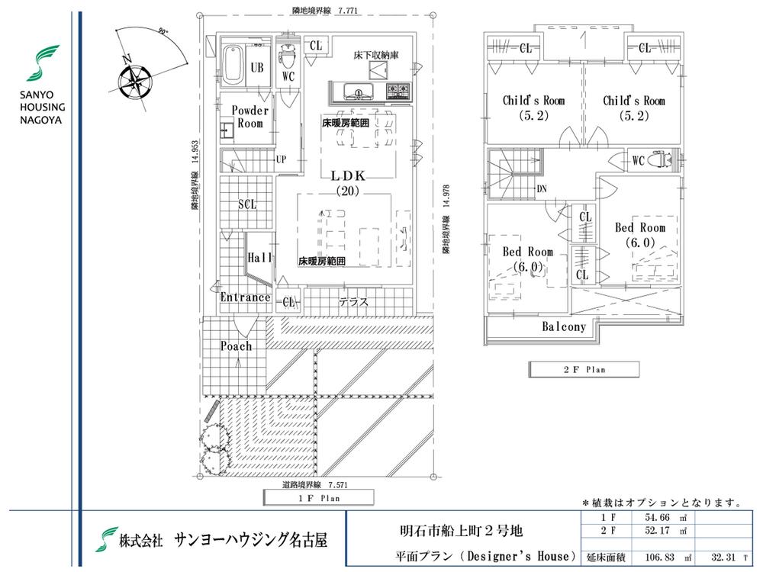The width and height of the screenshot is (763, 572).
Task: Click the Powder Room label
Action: tap(250, 117)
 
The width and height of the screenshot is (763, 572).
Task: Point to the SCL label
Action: tap(246, 204)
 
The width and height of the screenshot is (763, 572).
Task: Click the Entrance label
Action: tap(245, 297)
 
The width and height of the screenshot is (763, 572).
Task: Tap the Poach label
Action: tap(236, 346)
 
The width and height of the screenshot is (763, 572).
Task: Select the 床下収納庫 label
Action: tap(372, 55)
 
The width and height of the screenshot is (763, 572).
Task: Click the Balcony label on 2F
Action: tap(564, 326)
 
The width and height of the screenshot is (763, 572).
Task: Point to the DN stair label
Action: tap(541, 189)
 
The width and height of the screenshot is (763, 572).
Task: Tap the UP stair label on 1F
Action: tap(281, 160)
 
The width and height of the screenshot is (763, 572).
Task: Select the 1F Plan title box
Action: tap(318, 498)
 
